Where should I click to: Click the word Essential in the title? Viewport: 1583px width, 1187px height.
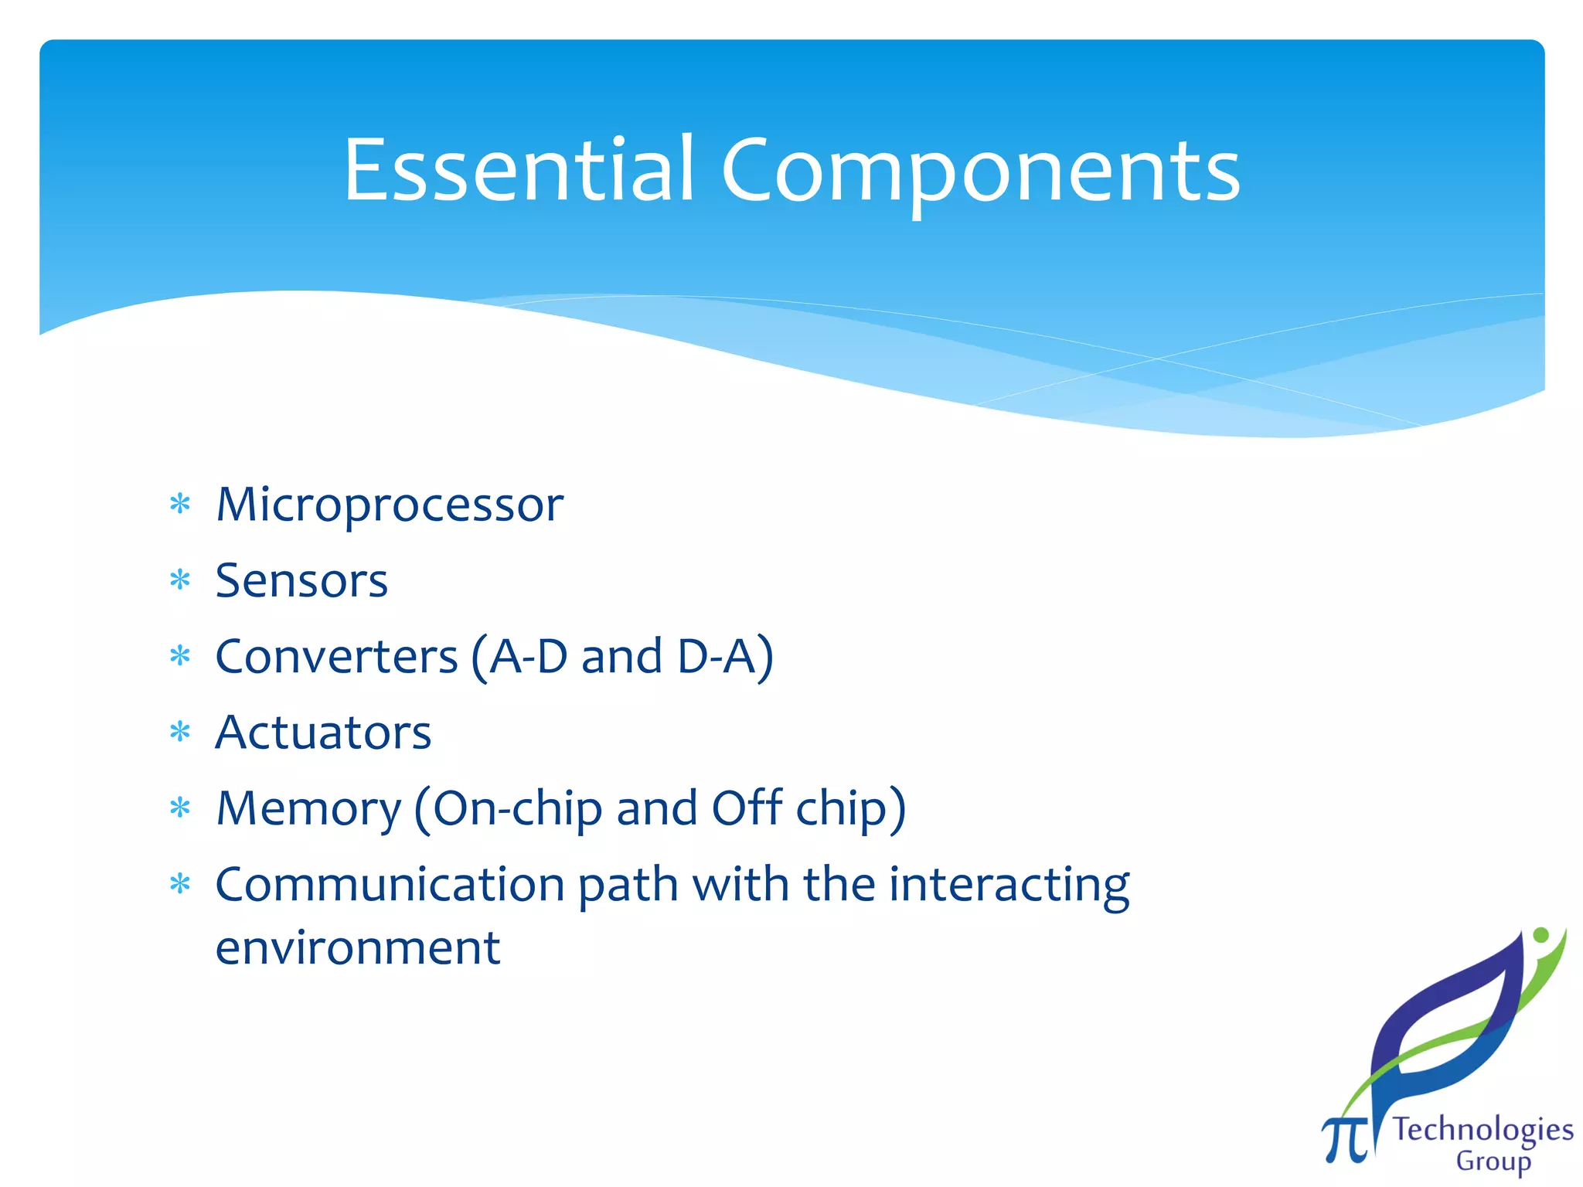[x=518, y=170]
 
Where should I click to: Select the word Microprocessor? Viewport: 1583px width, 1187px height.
[x=390, y=505]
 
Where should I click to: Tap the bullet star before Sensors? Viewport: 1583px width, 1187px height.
[x=180, y=580]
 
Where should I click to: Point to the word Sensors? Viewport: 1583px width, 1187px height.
[x=301, y=581]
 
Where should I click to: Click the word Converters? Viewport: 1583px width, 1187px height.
[x=336, y=657]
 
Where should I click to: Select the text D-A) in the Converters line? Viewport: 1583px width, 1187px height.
[x=725, y=657]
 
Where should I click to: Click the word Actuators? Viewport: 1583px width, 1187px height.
[x=323, y=733]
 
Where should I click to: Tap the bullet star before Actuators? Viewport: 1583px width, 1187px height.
[x=180, y=732]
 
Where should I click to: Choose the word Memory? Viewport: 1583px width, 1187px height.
[x=308, y=809]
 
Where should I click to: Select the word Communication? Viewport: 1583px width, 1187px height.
[x=390, y=884]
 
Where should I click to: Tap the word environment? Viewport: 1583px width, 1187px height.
[x=358, y=947]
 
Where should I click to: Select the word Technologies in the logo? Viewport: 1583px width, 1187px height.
[x=1483, y=1130]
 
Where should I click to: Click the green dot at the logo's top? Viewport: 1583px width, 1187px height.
[x=1540, y=935]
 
